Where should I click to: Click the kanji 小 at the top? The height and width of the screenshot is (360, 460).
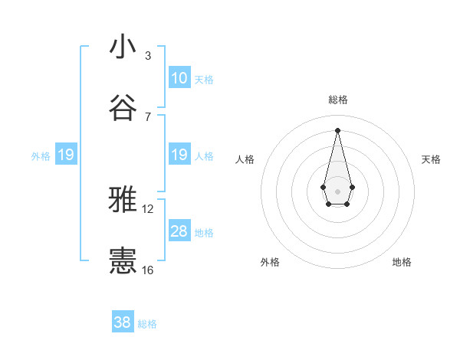(x=123, y=47)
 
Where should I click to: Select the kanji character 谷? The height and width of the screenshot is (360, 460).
(x=123, y=107)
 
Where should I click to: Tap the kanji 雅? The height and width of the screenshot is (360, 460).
(x=123, y=200)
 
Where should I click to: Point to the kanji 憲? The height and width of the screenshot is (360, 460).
(x=123, y=260)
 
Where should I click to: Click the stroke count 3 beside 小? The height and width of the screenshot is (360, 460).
(x=148, y=56)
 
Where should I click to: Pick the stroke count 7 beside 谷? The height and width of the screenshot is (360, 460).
(x=148, y=116)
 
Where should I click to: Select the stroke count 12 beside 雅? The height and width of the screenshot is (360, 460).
(x=148, y=209)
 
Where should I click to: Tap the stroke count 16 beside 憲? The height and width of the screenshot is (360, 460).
(x=148, y=270)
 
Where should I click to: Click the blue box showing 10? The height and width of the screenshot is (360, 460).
(x=179, y=78)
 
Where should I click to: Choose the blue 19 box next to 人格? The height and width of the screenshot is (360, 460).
(x=179, y=155)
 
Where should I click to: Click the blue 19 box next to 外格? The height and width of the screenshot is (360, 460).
(x=66, y=155)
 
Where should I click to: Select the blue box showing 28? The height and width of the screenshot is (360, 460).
(x=179, y=232)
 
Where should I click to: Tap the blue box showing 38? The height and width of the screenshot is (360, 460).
(x=123, y=322)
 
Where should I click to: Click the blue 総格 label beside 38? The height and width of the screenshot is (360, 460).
(x=147, y=324)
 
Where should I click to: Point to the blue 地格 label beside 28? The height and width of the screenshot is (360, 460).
(x=204, y=233)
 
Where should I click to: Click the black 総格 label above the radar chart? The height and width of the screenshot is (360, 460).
(x=337, y=100)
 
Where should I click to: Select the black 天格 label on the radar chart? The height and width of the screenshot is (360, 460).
(x=431, y=159)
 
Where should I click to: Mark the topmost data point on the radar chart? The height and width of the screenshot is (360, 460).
(x=337, y=129)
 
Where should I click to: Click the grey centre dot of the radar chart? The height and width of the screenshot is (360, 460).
(x=337, y=190)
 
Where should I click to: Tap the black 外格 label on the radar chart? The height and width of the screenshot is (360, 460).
(x=269, y=263)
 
